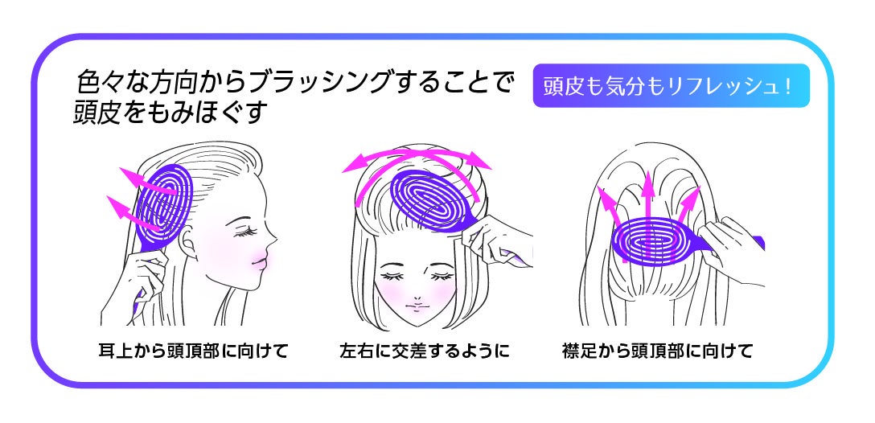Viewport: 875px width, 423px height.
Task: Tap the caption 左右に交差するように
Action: (x=425, y=351)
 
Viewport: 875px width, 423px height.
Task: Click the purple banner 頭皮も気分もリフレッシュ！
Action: (x=671, y=86)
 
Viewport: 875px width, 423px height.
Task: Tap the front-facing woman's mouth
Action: (x=416, y=305)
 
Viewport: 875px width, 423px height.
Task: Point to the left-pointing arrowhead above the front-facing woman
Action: (x=351, y=166)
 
